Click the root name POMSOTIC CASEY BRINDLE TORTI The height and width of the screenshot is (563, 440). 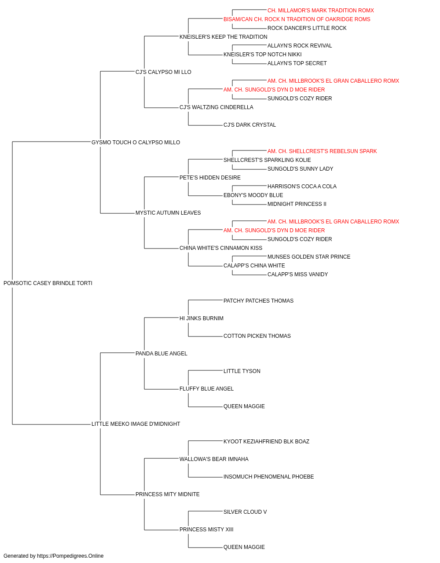click(48, 283)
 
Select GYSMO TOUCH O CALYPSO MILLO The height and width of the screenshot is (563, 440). click(136, 143)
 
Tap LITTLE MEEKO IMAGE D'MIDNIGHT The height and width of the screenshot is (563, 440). click(136, 424)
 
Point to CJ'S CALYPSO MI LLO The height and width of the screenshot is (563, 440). click(163, 72)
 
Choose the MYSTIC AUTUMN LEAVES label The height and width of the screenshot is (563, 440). click(168, 213)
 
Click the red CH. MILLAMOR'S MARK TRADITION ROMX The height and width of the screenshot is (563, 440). click(321, 11)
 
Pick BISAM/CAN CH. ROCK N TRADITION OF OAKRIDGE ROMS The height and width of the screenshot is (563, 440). click(297, 19)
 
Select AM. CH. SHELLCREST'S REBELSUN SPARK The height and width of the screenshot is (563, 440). click(322, 151)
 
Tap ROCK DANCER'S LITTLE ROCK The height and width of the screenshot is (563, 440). click(307, 28)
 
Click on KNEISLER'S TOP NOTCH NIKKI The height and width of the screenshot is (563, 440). click(263, 55)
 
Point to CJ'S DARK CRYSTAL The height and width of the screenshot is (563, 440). click(249, 125)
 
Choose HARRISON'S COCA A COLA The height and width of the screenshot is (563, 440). click(302, 186)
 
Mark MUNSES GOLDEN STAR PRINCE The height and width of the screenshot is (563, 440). click(309, 257)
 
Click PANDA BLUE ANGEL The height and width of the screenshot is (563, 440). click(161, 354)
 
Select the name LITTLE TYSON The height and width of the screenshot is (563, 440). click(242, 371)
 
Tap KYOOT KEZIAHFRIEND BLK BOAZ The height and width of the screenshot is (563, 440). click(266, 442)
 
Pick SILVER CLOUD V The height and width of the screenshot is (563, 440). click(245, 512)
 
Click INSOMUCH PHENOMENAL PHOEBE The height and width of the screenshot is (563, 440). click(269, 477)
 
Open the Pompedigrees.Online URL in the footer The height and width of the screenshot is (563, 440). click(70, 556)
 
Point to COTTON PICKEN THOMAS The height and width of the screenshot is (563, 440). click(257, 336)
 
